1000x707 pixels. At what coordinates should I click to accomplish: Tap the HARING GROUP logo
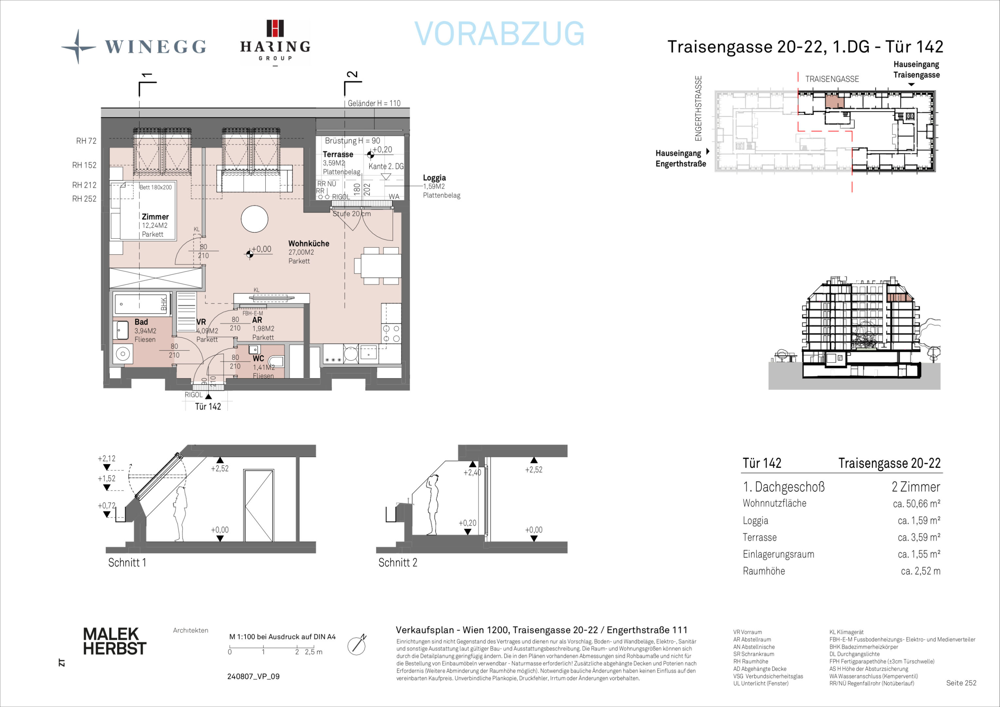(275, 43)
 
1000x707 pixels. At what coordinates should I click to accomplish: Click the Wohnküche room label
(309, 244)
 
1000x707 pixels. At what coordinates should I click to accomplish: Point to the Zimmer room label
(155, 216)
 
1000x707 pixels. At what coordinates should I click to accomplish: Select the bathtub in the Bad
(141, 304)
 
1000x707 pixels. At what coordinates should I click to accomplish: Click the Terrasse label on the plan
(338, 154)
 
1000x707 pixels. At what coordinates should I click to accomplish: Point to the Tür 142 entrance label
(208, 407)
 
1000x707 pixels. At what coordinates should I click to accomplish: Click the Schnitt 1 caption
(127, 562)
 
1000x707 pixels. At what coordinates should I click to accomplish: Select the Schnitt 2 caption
(398, 562)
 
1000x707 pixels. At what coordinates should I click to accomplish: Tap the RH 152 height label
(84, 165)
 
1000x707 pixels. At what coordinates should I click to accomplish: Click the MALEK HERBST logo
(115, 641)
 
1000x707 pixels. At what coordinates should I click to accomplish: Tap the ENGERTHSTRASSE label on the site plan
(699, 108)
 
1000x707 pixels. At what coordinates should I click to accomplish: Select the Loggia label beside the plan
(434, 178)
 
